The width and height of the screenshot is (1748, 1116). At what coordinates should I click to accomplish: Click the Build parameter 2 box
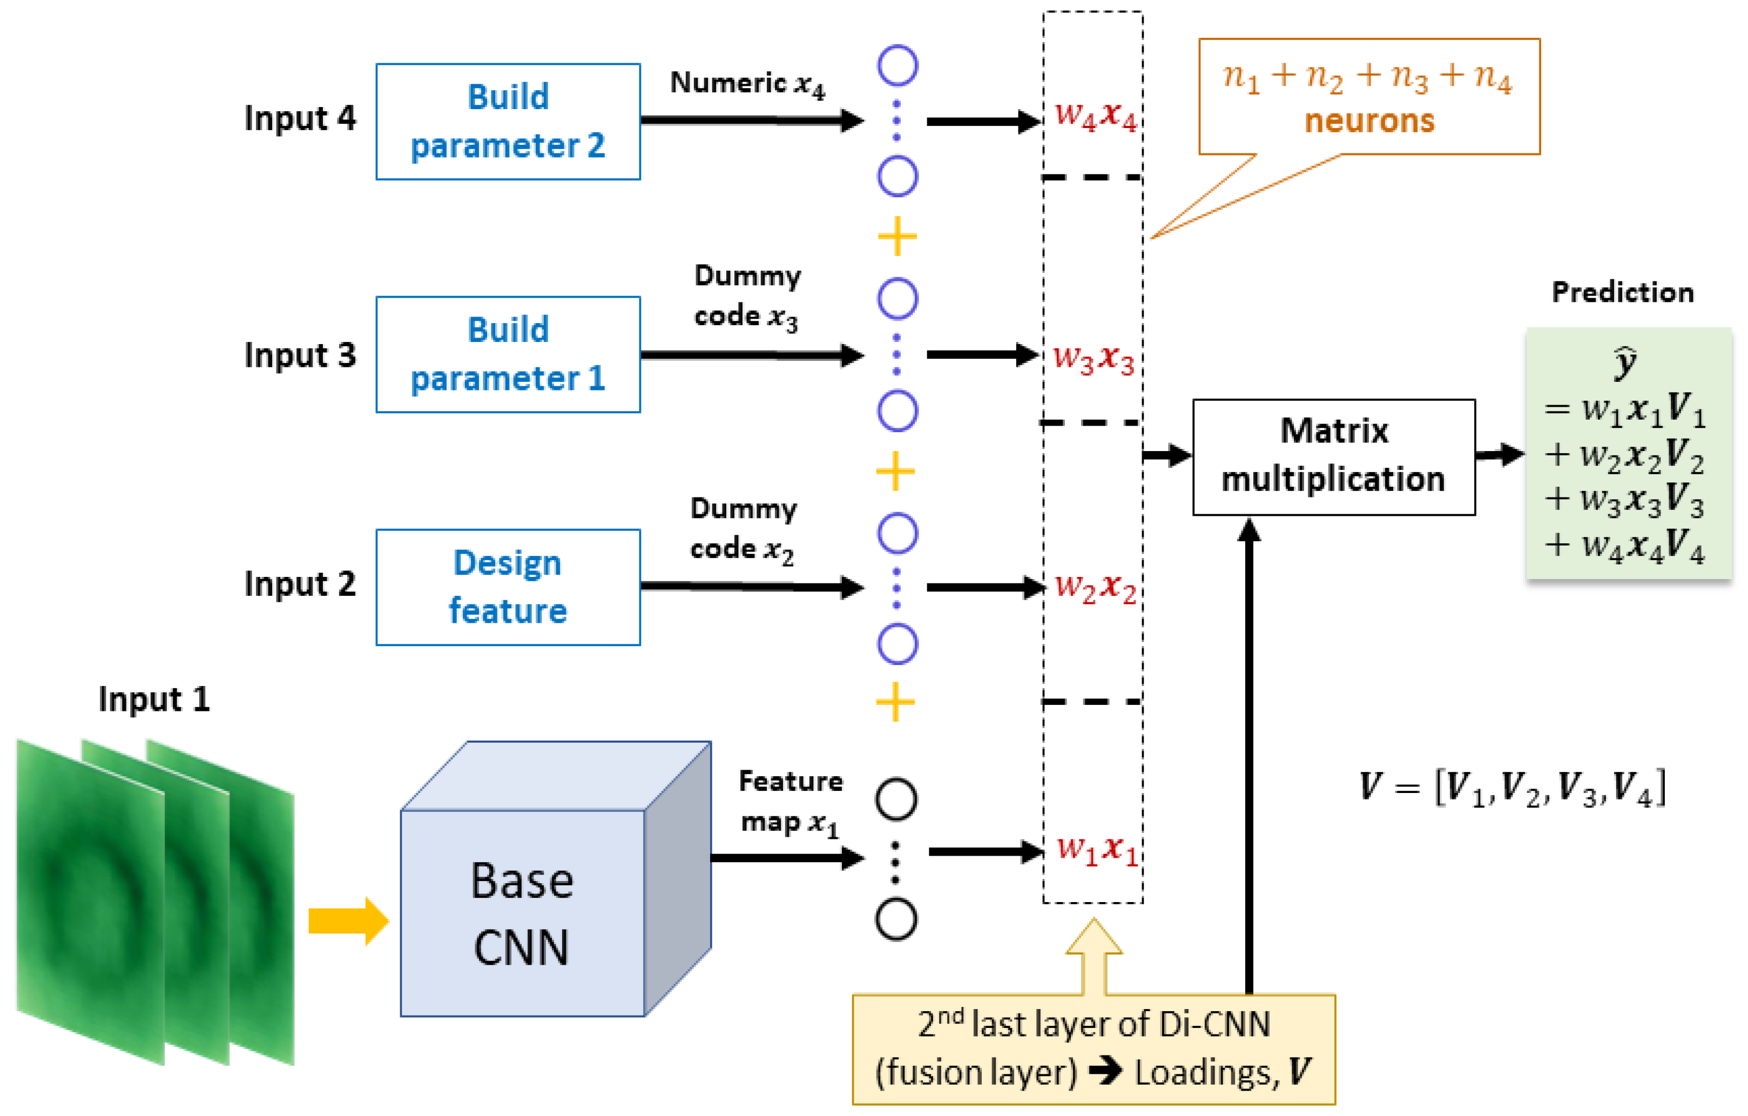(x=508, y=121)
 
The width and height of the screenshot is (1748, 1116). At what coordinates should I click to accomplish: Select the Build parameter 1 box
(x=508, y=354)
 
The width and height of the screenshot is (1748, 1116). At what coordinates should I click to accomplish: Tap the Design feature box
(x=508, y=587)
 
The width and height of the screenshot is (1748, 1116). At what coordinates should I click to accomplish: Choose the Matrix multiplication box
(x=1333, y=456)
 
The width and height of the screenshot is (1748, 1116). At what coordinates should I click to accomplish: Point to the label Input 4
(x=300, y=118)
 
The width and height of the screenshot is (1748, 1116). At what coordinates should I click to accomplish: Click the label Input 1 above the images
(x=154, y=699)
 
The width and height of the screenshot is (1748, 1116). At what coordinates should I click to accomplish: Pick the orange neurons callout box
(x=1368, y=97)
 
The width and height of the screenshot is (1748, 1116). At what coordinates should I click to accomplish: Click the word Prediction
(x=1622, y=292)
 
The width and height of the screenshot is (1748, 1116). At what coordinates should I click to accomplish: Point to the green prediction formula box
(x=1628, y=454)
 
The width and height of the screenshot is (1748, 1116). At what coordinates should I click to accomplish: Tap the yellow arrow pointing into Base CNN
(x=348, y=920)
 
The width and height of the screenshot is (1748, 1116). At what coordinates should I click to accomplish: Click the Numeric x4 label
(x=746, y=84)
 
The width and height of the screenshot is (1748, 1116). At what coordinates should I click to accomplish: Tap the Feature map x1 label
(x=790, y=802)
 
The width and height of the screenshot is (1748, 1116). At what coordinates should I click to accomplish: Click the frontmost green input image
(x=91, y=900)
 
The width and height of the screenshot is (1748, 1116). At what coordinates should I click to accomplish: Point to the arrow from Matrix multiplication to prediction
(x=1499, y=455)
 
